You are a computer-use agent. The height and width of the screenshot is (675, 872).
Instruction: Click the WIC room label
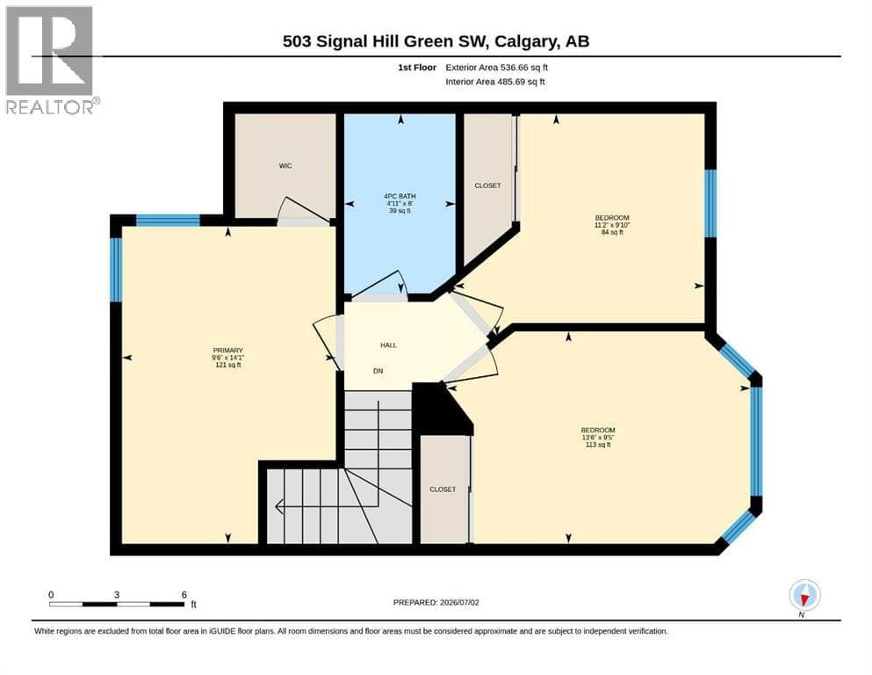[x=285, y=166]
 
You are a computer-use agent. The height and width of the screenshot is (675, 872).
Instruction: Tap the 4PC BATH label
[x=400, y=196]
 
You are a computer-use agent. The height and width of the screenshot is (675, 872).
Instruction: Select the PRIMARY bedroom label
[x=228, y=351]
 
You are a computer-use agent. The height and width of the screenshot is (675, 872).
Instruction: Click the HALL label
[x=389, y=345]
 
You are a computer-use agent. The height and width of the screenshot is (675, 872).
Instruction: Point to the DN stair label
[x=378, y=371]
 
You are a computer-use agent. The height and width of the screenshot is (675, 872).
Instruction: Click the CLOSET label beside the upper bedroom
[x=487, y=185]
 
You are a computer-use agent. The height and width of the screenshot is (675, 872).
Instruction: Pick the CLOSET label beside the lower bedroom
[x=443, y=490]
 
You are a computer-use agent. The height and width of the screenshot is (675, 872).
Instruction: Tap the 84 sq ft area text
[x=612, y=232]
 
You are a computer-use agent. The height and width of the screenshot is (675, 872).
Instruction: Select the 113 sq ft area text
[x=598, y=445]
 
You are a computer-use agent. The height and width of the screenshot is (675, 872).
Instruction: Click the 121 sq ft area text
[x=228, y=365]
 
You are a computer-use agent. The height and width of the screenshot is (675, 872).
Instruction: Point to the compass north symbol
[x=804, y=596]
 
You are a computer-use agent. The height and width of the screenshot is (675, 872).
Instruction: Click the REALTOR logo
[x=51, y=60]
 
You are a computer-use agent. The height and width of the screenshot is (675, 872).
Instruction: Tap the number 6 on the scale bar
[x=184, y=595]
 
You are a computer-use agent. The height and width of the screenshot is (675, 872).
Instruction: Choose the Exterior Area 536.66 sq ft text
[x=497, y=68]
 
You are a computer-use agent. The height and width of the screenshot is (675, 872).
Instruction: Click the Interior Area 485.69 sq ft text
[x=495, y=82]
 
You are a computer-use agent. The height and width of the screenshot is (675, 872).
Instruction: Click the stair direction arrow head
[x=279, y=506]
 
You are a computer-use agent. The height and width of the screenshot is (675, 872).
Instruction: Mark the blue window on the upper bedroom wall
[x=710, y=203]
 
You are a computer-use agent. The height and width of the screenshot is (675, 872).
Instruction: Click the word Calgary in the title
[x=525, y=41]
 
